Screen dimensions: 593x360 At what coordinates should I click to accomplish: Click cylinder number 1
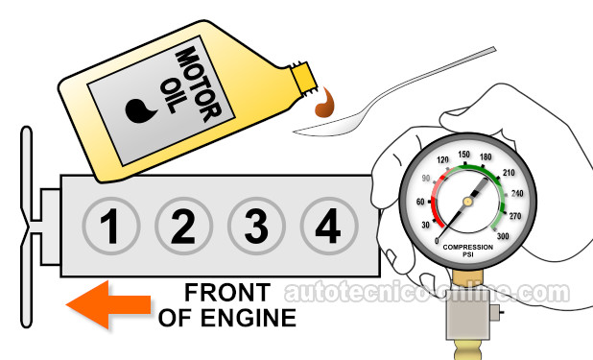(111, 226)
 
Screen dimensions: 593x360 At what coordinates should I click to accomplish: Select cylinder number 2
(183, 226)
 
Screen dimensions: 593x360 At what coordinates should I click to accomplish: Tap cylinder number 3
(256, 226)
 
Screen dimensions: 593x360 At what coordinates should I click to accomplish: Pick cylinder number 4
(329, 226)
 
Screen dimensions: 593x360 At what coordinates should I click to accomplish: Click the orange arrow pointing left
(108, 304)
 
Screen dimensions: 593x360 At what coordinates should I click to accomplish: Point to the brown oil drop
(324, 104)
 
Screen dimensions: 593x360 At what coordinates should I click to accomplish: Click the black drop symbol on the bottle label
(140, 110)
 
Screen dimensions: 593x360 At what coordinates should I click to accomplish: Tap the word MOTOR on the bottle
(198, 84)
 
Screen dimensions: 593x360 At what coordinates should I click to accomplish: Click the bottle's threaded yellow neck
(303, 80)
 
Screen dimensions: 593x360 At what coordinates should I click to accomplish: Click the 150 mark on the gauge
(463, 155)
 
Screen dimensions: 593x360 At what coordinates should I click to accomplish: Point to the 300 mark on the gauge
(503, 236)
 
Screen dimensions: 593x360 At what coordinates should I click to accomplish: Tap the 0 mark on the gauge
(438, 241)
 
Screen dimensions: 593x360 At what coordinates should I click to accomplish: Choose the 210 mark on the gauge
(509, 173)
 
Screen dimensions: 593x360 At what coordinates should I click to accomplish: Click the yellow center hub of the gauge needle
(468, 202)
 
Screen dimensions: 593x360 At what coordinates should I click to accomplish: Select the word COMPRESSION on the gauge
(468, 247)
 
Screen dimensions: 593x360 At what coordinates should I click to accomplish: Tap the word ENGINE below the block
(249, 318)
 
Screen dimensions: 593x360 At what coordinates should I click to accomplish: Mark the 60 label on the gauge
(420, 202)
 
